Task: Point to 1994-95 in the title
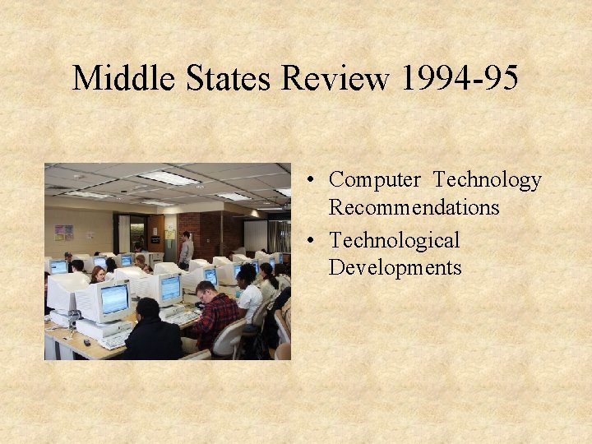[460, 79]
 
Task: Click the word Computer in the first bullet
[375, 179]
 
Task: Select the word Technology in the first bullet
[488, 179]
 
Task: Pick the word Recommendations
[414, 207]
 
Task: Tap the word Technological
[394, 240]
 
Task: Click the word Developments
[395, 268]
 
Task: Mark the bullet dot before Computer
[316, 180]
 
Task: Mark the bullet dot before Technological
[316, 241]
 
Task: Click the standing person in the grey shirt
[187, 248]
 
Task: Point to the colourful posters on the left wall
[64, 233]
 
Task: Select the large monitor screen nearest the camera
[114, 299]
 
